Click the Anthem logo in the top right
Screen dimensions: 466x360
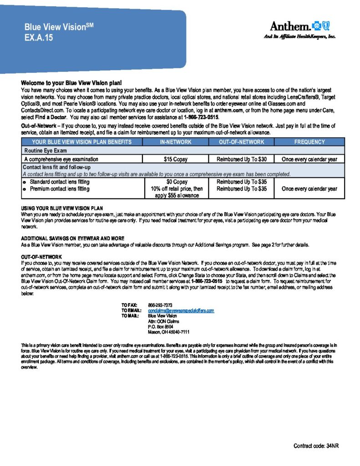[299, 26]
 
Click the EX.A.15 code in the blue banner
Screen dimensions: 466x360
[39, 38]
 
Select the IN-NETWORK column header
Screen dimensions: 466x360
[176, 142]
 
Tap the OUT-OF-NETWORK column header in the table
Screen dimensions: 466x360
[241, 142]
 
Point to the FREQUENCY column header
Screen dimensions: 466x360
[309, 142]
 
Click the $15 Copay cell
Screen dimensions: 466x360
[176, 159]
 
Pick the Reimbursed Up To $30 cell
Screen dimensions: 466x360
[241, 159]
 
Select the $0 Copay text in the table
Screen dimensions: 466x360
[176, 182]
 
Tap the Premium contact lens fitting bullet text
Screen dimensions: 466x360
[60, 188]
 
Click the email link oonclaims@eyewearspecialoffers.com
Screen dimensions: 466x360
[181, 310]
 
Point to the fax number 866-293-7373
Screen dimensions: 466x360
[160, 304]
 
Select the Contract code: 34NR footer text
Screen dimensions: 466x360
[316, 446]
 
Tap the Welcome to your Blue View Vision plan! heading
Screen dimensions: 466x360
[71, 83]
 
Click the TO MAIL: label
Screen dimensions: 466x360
[130, 316]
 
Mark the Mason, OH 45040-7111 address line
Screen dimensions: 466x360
[169, 332]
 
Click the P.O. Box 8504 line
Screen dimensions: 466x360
[161, 327]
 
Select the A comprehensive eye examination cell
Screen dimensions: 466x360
[61, 159]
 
